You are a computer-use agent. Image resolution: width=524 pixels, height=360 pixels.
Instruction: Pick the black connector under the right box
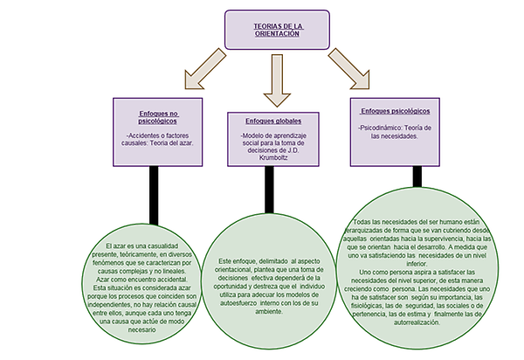coord(417,177)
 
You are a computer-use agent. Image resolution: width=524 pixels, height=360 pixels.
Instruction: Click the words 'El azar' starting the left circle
coord(116,251)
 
